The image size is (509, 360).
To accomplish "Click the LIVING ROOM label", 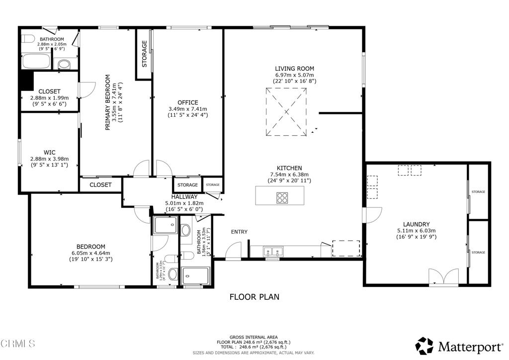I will point(295,69).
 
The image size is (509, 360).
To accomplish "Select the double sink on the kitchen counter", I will point(272,251).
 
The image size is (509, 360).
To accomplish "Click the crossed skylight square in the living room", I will point(287,111).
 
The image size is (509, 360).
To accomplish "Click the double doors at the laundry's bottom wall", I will point(443,276).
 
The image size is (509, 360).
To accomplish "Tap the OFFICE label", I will point(187,102).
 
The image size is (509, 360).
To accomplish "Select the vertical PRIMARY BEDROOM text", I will point(107,103).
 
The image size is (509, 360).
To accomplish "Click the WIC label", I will point(49,153).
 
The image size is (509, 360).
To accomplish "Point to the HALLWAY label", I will point(184,197).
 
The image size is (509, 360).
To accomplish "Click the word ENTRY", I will point(239,232).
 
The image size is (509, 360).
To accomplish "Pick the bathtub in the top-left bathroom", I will point(36,62).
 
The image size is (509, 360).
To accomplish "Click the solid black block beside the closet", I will point(26,81).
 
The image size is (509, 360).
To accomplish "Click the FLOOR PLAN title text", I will point(254,297).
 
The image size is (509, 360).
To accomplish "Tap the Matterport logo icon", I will point(424,345).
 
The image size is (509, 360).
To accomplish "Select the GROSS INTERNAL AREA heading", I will point(254,337).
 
